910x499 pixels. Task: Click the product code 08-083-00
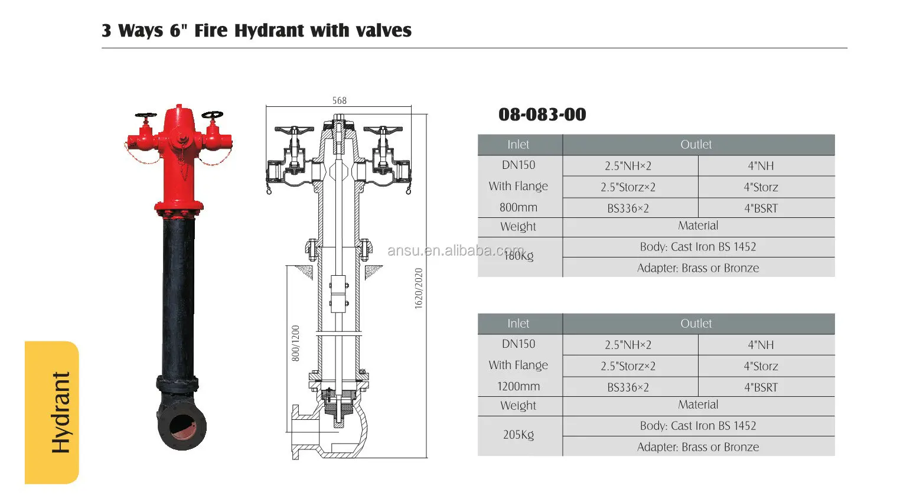pos(542,115)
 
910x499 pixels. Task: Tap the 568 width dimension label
pos(339,100)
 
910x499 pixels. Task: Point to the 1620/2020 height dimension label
pos(419,288)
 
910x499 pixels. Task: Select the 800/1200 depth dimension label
pos(295,343)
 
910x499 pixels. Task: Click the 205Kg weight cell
pos(518,435)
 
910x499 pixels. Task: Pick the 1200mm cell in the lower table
pos(518,386)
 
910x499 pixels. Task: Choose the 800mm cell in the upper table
pos(518,207)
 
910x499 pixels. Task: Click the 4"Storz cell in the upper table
pos(761,187)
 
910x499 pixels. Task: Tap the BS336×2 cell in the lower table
pos(628,387)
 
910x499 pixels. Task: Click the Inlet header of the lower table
pos(518,324)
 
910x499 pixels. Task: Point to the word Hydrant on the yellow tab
pos(61,412)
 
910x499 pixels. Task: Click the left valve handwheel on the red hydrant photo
pos(145,115)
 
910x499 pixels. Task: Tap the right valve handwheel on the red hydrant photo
pos(212,114)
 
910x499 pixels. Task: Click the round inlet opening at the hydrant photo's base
pos(182,426)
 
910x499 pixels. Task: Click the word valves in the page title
pos(383,31)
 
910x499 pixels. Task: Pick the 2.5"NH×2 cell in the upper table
pos(628,166)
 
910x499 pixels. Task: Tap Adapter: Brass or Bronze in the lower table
pos(697,447)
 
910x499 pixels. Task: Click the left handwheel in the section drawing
pos(294,130)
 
